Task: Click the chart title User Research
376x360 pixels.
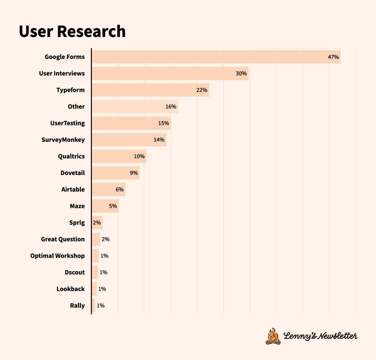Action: (x=72, y=31)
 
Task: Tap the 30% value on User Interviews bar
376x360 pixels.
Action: (x=241, y=73)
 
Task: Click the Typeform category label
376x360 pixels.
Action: (x=70, y=90)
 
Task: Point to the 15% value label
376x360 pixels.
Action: (x=163, y=123)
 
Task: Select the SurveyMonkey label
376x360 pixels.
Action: (x=63, y=140)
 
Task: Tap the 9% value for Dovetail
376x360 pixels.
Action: (x=134, y=173)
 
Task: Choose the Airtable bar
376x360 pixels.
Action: (x=108, y=189)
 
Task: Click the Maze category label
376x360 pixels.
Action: (x=77, y=206)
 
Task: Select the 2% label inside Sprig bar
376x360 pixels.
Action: (x=97, y=223)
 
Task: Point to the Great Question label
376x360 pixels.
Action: (x=63, y=239)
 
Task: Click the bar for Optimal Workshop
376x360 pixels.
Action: (x=95, y=256)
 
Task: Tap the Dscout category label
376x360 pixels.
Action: (x=75, y=272)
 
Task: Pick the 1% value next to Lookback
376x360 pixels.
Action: (x=102, y=289)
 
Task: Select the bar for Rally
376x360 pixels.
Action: (x=94, y=306)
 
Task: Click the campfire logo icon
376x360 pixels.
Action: (x=273, y=337)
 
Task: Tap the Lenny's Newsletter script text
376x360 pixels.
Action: (x=320, y=336)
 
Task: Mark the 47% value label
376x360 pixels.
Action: (x=333, y=57)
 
